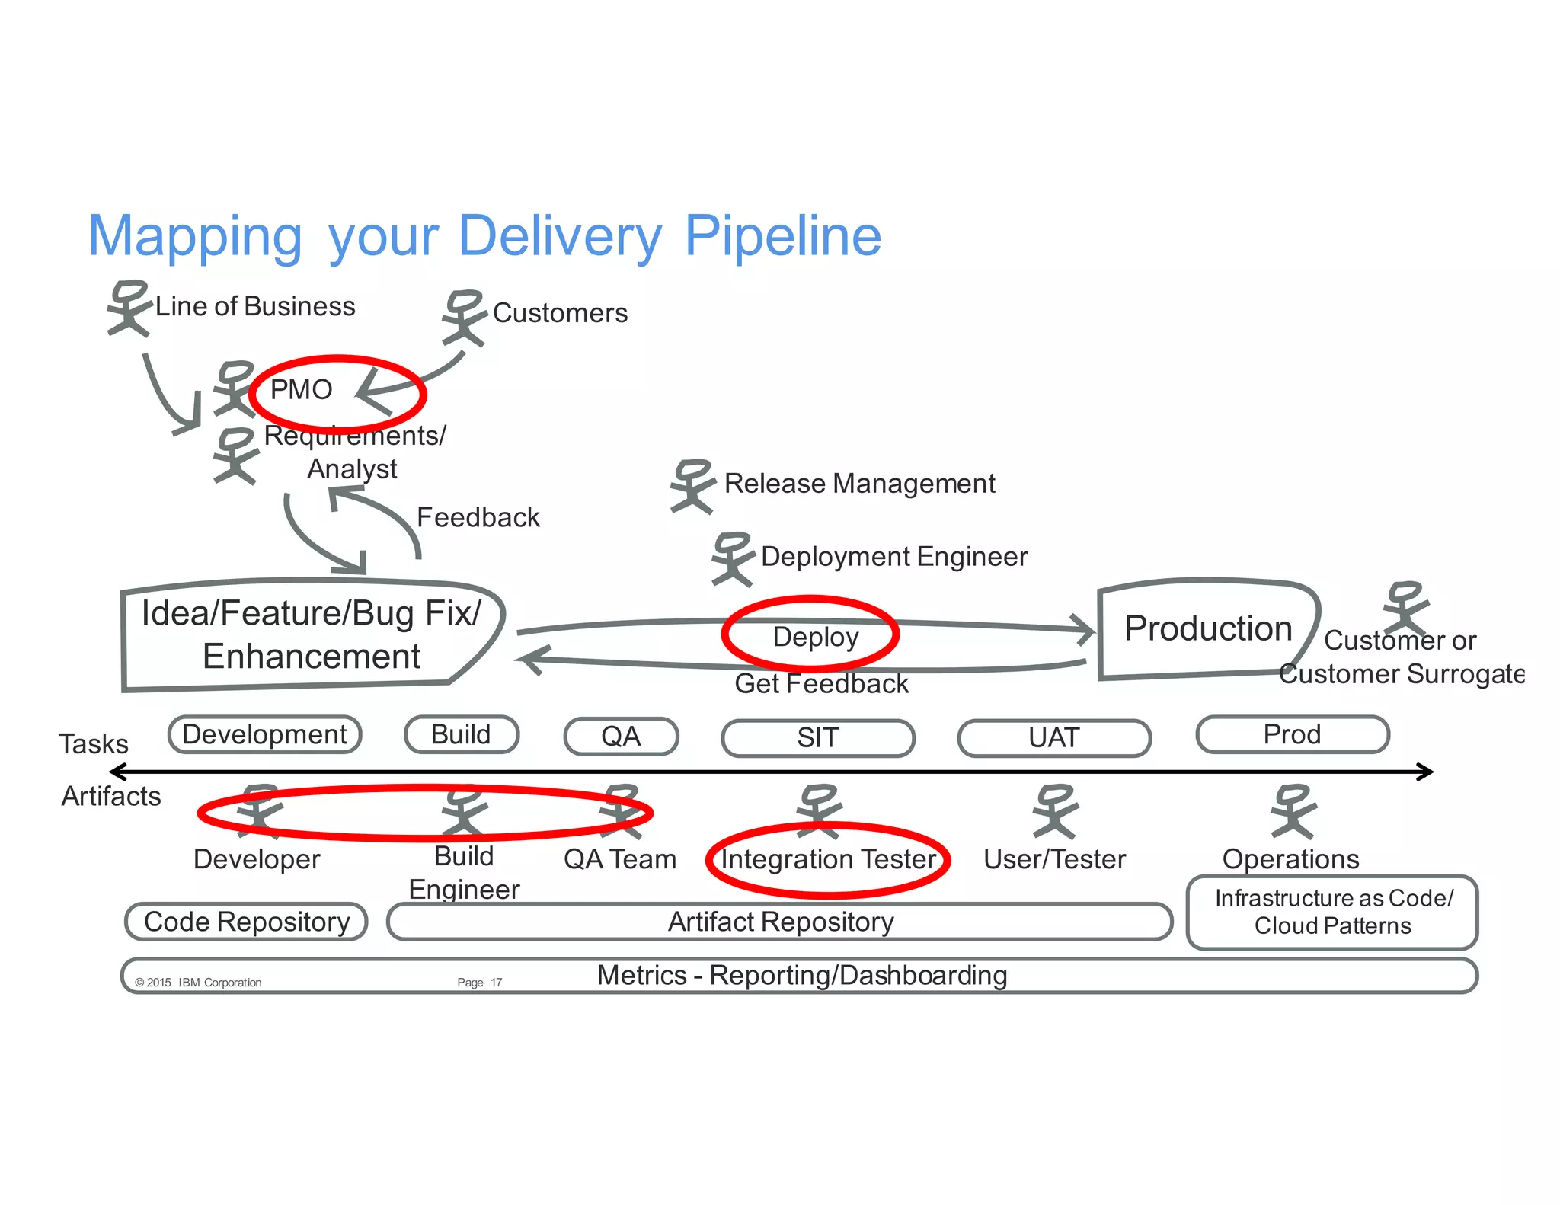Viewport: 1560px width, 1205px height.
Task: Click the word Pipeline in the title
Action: click(782, 236)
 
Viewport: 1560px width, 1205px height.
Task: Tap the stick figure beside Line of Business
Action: click(128, 308)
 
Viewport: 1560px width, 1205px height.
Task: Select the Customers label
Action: click(560, 313)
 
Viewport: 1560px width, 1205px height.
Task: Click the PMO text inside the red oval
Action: click(301, 390)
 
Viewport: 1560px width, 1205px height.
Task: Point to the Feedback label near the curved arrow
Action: click(478, 518)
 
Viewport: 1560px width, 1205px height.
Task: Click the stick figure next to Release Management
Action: click(692, 486)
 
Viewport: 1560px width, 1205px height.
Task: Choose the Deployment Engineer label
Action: click(893, 557)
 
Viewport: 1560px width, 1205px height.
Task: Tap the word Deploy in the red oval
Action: click(815, 637)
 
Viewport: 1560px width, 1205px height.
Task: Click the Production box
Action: click(1207, 629)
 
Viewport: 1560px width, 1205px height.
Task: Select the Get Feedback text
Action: click(821, 684)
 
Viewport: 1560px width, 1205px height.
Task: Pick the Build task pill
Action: click(462, 735)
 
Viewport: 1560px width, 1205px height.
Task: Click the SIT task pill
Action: click(817, 738)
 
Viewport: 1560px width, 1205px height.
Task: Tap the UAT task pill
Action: click(1053, 738)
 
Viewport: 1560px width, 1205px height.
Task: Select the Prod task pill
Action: click(1292, 735)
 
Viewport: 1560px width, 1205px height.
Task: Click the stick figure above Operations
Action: click(1293, 812)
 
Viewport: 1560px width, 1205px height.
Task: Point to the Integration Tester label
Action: click(828, 860)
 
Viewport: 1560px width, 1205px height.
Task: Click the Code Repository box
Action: click(246, 922)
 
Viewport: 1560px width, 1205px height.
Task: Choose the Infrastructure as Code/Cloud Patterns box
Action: click(1331, 913)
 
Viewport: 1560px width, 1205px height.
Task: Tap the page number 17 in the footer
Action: click(496, 983)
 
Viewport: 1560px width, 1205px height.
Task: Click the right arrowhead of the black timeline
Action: click(1426, 772)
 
